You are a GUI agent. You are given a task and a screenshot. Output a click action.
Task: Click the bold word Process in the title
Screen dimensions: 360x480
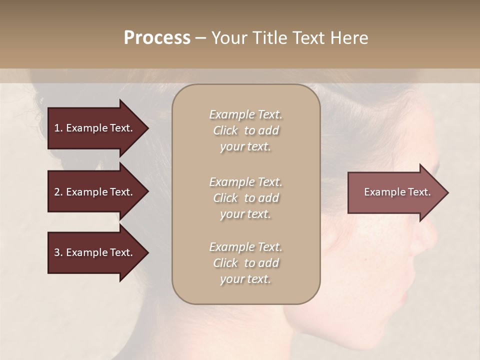pyautogui.click(x=157, y=38)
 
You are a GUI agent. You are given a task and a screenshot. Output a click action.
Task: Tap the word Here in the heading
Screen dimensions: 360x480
pyautogui.click(x=349, y=38)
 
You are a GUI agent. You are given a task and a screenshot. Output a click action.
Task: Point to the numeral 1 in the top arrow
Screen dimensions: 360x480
pyautogui.click(x=57, y=128)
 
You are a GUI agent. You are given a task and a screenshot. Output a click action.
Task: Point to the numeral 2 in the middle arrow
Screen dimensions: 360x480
pyautogui.click(x=57, y=192)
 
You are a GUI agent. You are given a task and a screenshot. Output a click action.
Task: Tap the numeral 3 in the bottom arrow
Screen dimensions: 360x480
pyautogui.click(x=57, y=252)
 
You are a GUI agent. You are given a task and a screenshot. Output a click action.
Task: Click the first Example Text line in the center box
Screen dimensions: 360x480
pyautogui.click(x=245, y=114)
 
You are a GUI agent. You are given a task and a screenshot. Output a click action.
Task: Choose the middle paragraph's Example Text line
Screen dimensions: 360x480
pyautogui.click(x=245, y=181)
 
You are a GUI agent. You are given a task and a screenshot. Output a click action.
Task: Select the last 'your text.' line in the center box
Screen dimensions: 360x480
pyautogui.click(x=245, y=279)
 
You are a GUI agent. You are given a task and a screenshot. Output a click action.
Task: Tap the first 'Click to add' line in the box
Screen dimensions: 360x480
pyautogui.click(x=245, y=130)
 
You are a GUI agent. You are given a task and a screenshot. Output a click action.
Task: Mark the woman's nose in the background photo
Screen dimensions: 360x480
pyautogui.click(x=428, y=235)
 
